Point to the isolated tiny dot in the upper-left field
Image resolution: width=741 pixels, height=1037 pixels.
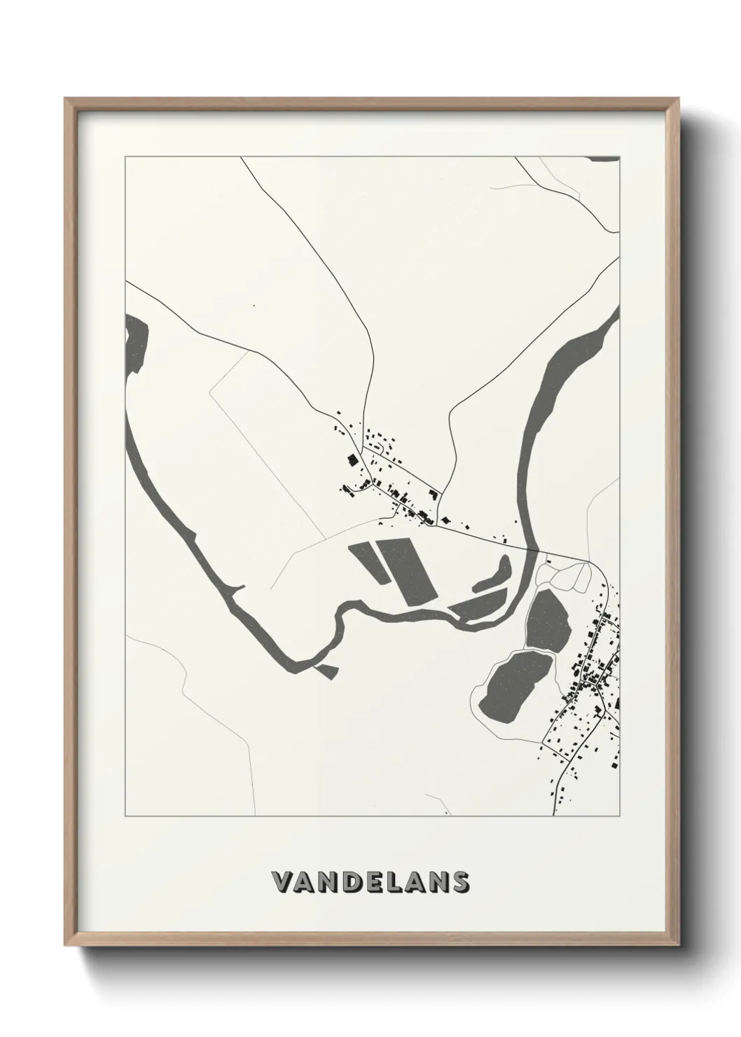pos(254,305)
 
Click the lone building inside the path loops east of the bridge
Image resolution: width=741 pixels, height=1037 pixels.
pos(550,560)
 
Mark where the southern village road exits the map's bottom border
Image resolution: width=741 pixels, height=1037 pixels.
pos(554,815)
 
